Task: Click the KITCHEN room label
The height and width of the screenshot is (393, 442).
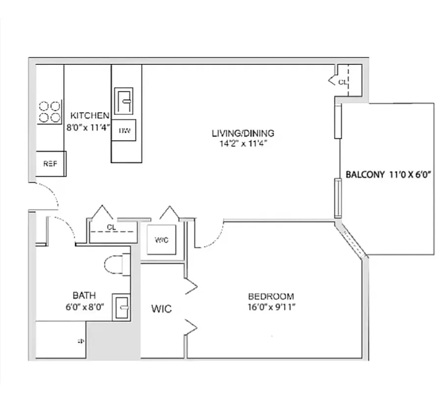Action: (x=90, y=116)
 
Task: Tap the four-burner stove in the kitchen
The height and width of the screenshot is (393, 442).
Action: (x=50, y=112)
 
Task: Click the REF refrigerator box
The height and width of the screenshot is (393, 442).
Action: (x=51, y=164)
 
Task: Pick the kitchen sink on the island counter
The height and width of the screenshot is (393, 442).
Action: (x=124, y=101)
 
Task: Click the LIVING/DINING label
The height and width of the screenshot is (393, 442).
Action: (x=243, y=133)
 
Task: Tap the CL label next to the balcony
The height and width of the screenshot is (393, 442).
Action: (x=342, y=82)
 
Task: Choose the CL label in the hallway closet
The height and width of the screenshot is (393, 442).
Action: (x=111, y=227)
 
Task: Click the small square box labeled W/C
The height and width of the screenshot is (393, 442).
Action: (x=162, y=240)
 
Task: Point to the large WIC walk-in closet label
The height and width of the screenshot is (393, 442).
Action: (x=161, y=309)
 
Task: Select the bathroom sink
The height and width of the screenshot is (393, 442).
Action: (x=121, y=307)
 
